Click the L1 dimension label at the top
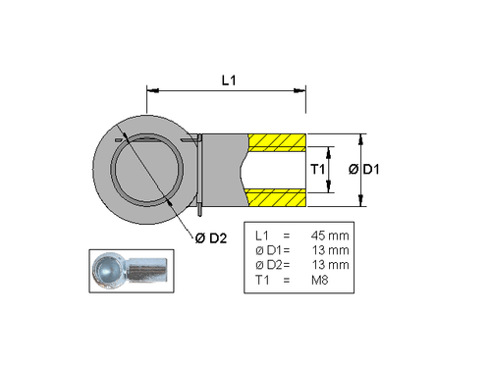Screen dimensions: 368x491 [x=227, y=79]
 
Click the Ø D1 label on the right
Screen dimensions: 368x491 [x=365, y=171]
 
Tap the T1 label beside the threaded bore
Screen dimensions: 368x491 [x=318, y=171]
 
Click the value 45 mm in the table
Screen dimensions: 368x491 [x=329, y=237]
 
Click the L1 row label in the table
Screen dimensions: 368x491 [x=261, y=237]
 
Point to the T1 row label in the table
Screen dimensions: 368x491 [x=261, y=281]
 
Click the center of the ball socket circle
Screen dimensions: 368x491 [x=146, y=170]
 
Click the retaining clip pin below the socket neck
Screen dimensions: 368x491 [x=199, y=209]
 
